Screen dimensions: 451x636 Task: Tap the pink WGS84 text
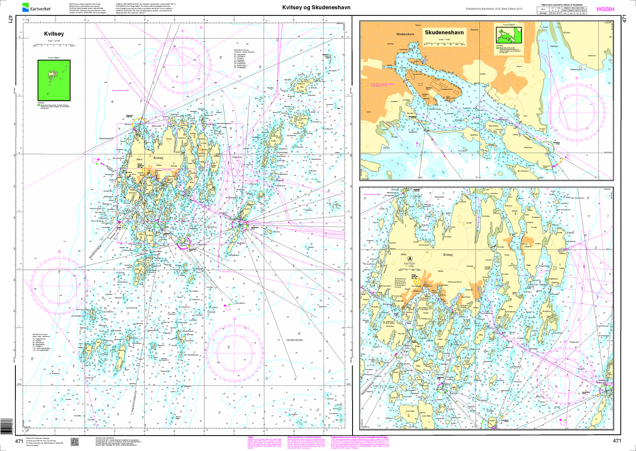click(605, 9)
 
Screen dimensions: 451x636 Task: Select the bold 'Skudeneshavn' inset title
click(444, 33)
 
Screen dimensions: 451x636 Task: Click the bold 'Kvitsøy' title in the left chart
click(54, 33)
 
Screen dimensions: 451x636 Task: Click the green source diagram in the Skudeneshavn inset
click(509, 34)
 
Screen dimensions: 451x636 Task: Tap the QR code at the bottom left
click(74, 442)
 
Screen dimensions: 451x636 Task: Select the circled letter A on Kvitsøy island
click(410, 259)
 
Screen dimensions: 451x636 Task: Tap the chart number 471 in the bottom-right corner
click(617, 441)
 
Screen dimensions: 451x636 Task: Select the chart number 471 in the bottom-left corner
click(19, 441)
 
